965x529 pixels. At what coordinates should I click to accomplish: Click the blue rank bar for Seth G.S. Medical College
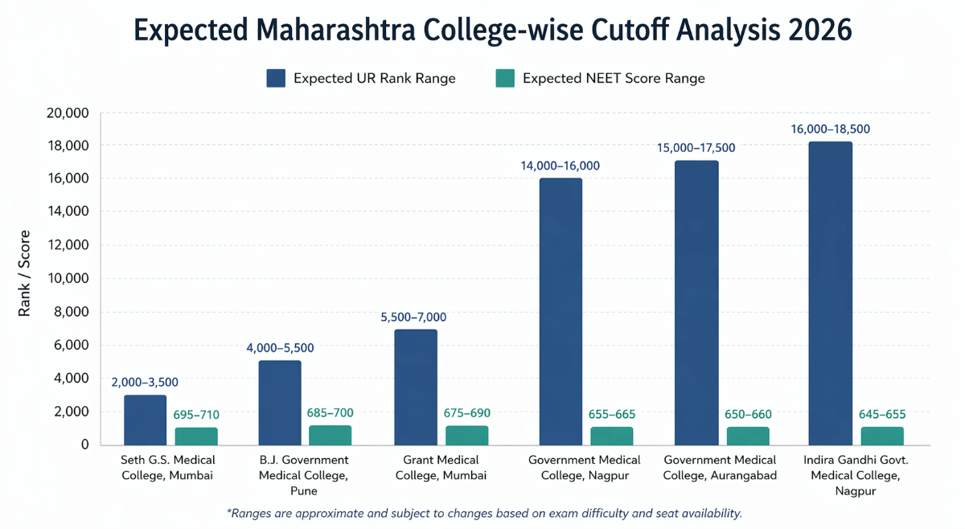(145, 420)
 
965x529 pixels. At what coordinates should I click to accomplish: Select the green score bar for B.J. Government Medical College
(330, 435)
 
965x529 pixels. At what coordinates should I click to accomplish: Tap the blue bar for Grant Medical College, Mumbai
(415, 387)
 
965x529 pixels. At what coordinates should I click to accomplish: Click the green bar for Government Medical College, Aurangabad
(748, 436)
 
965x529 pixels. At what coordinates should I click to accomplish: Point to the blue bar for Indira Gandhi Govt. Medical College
(830, 293)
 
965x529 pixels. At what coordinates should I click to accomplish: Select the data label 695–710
(196, 414)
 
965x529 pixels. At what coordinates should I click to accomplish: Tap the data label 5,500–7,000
(413, 317)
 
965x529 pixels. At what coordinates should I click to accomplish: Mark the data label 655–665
(612, 414)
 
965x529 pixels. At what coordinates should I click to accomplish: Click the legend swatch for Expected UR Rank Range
(276, 78)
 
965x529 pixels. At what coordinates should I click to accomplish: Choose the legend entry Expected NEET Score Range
(613, 78)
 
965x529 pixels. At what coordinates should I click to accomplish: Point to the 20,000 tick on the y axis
(68, 113)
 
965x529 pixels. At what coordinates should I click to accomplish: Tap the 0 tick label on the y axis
(84, 445)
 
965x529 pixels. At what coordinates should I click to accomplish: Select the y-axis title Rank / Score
(25, 273)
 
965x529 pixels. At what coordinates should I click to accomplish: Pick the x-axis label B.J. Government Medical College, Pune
(304, 474)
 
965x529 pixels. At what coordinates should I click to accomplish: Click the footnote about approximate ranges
(485, 513)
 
